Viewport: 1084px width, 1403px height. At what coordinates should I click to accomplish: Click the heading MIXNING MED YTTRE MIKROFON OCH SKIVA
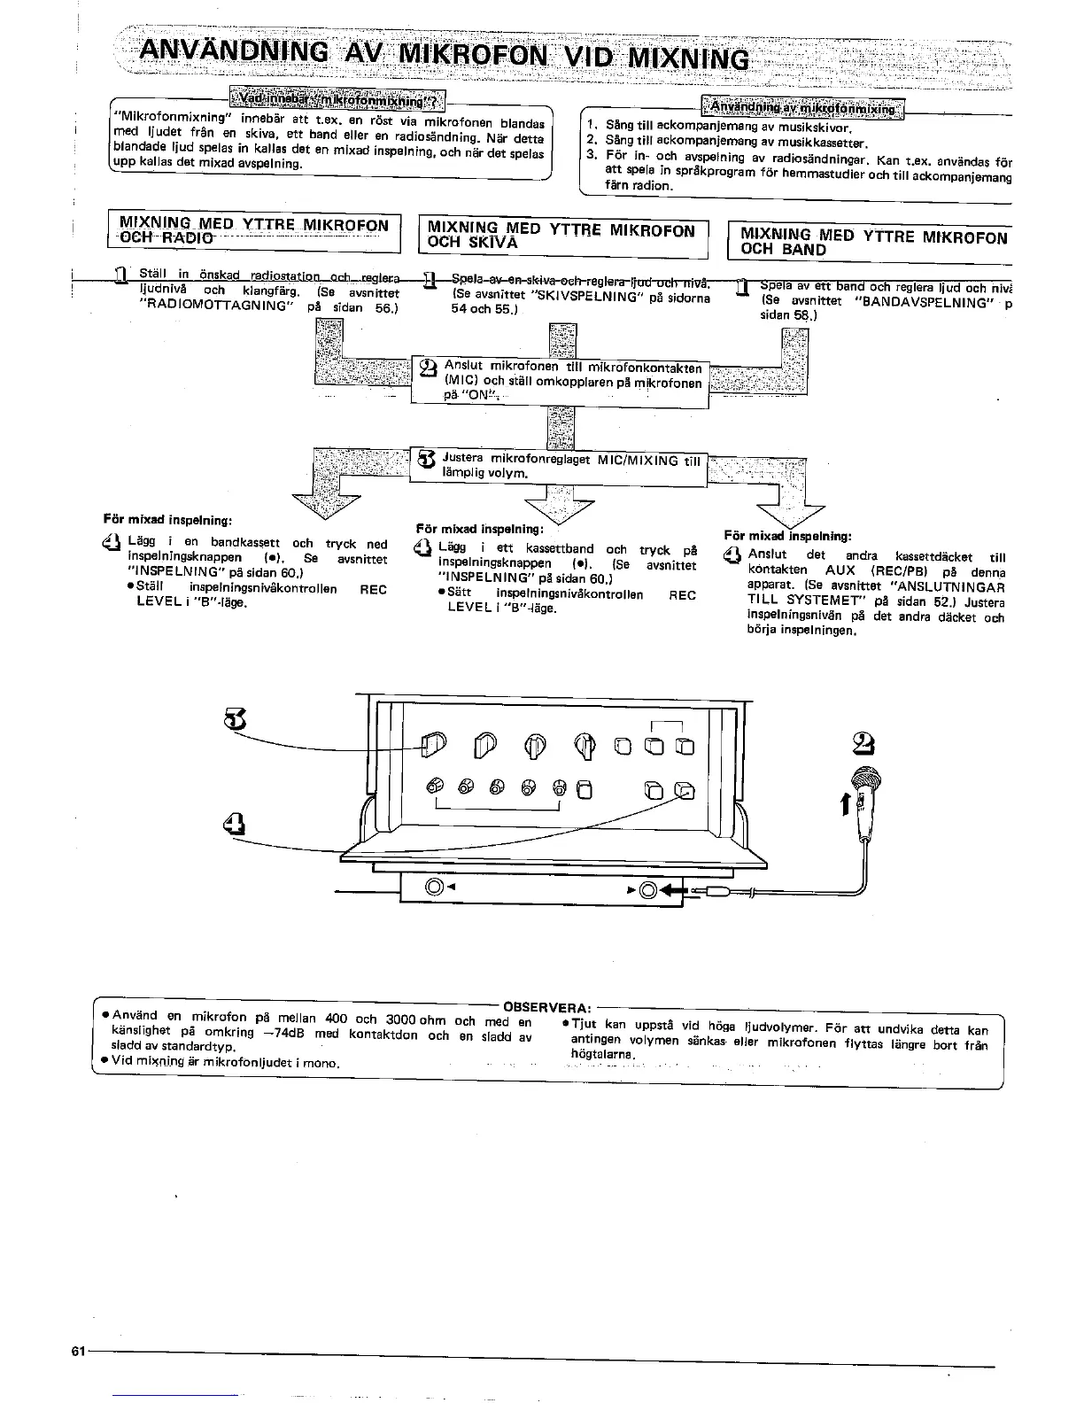point(561,235)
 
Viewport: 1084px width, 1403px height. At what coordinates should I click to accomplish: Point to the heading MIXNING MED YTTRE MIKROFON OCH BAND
point(873,242)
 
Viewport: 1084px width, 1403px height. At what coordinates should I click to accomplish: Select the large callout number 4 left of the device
point(232,823)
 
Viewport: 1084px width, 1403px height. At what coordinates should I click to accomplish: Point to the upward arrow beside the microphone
point(844,802)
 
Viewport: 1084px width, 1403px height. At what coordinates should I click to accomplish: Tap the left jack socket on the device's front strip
point(435,887)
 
